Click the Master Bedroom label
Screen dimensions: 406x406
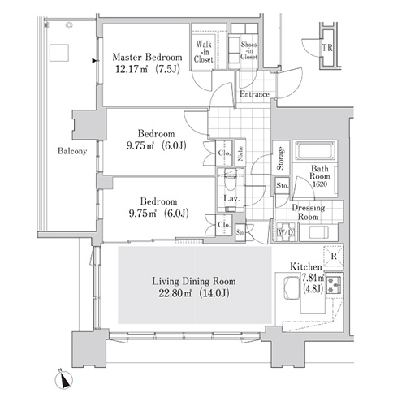click(147, 58)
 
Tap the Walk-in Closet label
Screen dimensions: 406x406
click(204, 51)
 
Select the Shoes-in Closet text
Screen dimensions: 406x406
click(248, 50)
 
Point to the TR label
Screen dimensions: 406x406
click(327, 48)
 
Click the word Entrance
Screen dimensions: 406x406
click(254, 94)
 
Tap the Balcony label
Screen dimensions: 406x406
click(72, 151)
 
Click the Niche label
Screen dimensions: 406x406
click(240, 153)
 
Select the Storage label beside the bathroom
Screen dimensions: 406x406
click(281, 158)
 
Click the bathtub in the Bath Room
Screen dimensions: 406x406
click(315, 151)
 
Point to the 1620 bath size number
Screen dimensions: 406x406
click(320, 184)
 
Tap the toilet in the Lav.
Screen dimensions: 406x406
click(231, 182)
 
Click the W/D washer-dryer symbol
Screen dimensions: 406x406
click(286, 232)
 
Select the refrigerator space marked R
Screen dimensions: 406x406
click(334, 256)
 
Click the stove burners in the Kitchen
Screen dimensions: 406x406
click(335, 285)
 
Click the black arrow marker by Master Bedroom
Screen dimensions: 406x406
click(94, 61)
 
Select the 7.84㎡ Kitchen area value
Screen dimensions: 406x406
click(313, 278)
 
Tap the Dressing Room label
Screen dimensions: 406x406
click(309, 212)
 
